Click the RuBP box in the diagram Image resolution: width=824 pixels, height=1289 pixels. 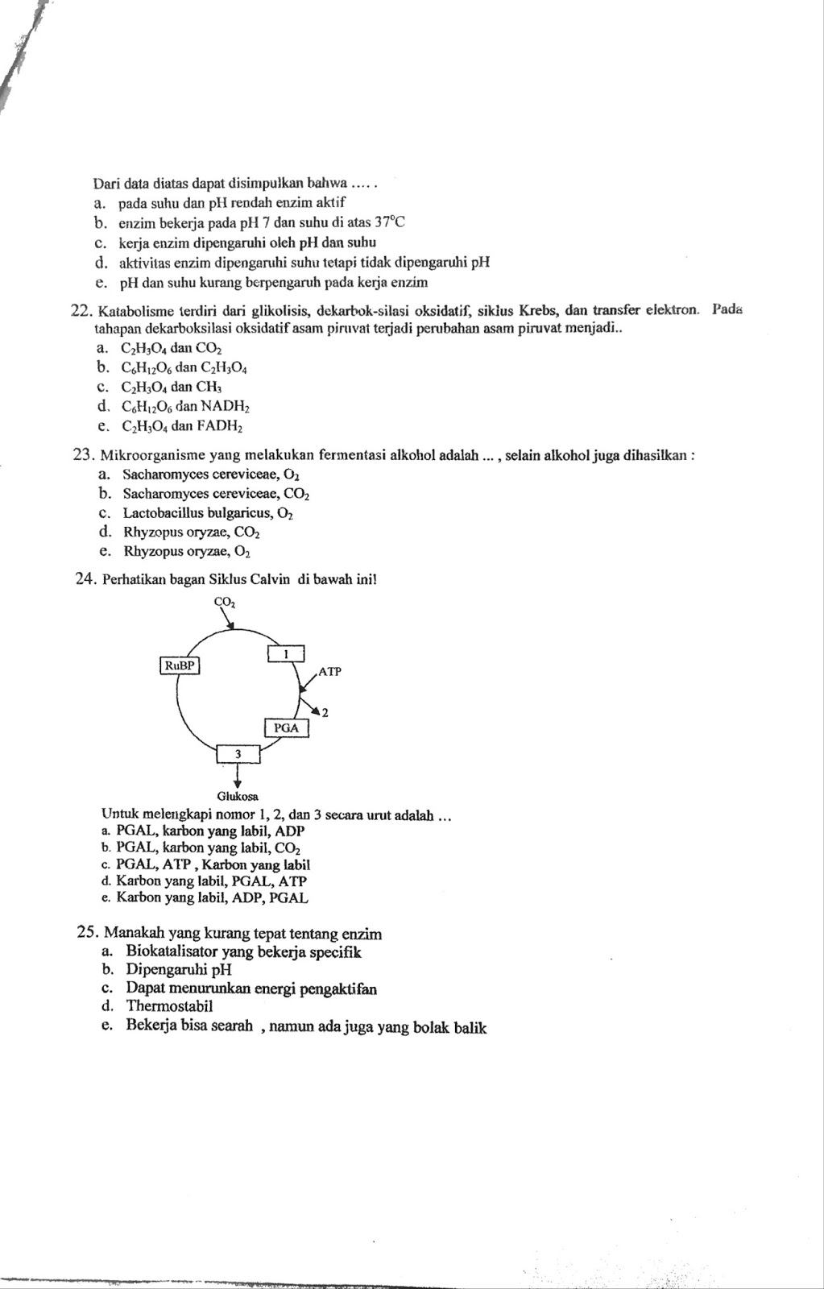pos(180,665)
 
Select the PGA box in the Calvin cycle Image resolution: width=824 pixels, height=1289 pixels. pos(286,727)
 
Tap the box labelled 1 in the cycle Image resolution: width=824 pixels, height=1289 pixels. pos(285,653)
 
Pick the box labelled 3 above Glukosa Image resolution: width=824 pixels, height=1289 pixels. pos(238,753)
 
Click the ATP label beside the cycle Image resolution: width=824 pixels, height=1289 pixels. pos(330,670)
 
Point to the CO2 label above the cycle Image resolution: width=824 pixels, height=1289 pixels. pos(225,601)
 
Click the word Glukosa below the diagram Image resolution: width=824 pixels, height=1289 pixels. pos(238,795)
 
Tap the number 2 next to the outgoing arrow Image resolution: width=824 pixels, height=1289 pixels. pos(325,712)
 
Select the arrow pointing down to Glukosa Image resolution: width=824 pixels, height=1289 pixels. pos(238,775)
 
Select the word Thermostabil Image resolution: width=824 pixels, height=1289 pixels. pos(169,1005)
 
